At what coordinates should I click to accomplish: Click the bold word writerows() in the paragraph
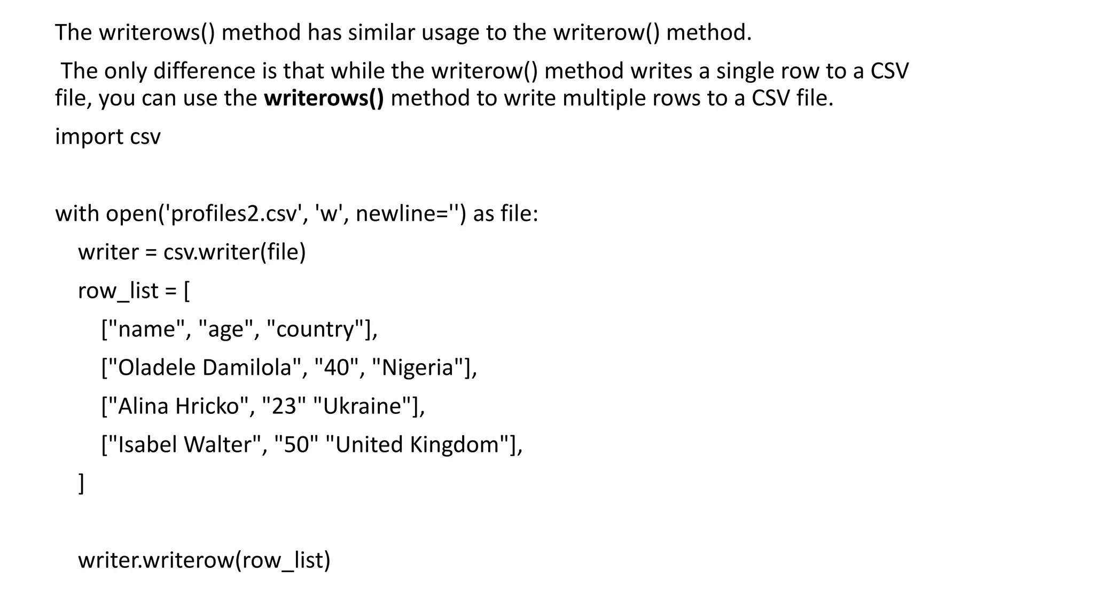tap(324, 99)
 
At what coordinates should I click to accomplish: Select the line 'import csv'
tap(107, 137)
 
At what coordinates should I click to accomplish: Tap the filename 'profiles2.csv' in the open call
tap(233, 214)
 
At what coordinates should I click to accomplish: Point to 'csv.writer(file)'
tap(235, 252)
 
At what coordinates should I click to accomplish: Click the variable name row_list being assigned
tap(118, 291)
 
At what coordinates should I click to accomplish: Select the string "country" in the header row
tap(315, 329)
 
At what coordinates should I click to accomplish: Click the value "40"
tap(336, 368)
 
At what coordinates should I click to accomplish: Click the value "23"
tap(284, 406)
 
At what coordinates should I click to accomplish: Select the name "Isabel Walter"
tap(184, 445)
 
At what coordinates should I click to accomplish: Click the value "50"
tap(296, 445)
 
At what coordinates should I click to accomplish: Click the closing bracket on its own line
tap(81, 483)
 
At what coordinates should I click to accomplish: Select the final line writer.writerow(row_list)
tap(204, 560)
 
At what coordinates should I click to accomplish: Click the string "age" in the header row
tap(225, 329)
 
